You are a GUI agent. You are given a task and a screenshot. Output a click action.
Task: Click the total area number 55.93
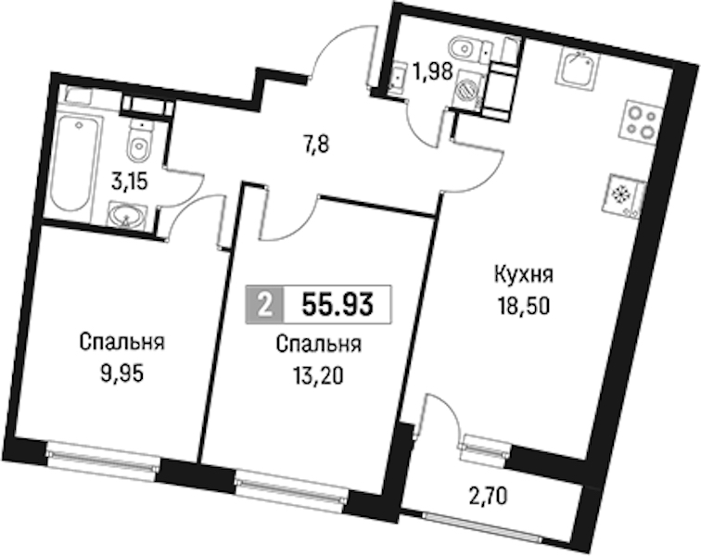pyautogui.click(x=338, y=305)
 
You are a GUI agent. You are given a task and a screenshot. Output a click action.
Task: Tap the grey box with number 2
pyautogui.click(x=265, y=305)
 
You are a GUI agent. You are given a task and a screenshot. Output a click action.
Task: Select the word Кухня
pyautogui.click(x=524, y=276)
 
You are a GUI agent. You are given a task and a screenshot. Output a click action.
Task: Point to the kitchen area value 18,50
pyautogui.click(x=524, y=307)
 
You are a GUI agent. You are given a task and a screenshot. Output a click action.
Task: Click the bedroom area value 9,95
pyautogui.click(x=122, y=374)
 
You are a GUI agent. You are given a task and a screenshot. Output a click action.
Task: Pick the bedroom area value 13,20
pyautogui.click(x=318, y=376)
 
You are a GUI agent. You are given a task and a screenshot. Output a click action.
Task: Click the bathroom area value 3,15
pyautogui.click(x=130, y=183)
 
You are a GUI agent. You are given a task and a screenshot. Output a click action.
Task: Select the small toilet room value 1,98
pyautogui.click(x=433, y=71)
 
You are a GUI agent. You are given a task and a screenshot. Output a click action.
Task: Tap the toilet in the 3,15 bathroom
pyautogui.click(x=140, y=140)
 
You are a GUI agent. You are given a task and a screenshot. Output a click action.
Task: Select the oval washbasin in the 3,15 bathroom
pyautogui.click(x=127, y=216)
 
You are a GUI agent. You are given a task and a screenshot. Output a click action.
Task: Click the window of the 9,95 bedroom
pyautogui.click(x=103, y=461)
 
